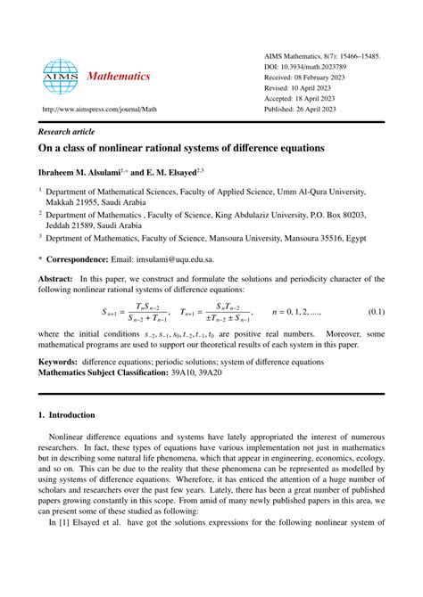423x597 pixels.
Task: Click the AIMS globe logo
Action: click(61, 78)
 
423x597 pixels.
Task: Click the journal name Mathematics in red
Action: click(119, 77)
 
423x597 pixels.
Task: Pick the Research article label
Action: click(69, 127)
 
